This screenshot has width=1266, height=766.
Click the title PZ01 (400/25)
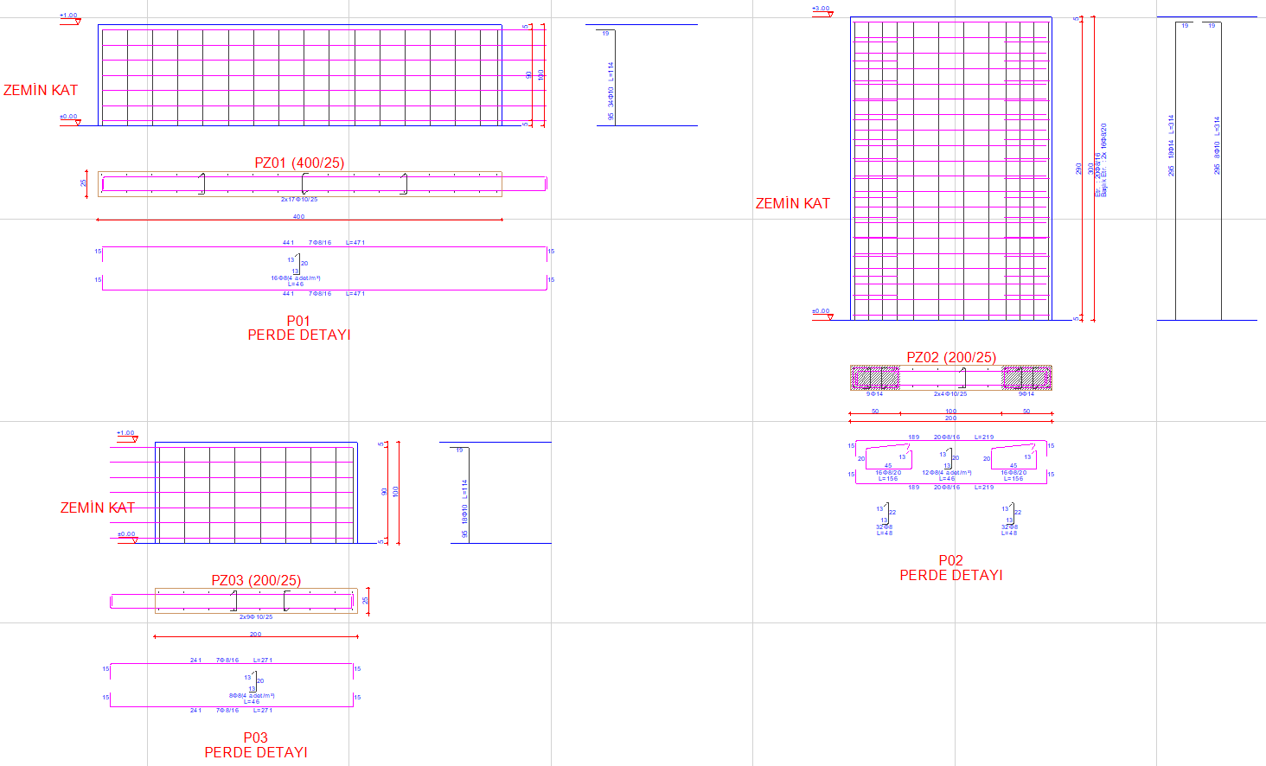tap(299, 163)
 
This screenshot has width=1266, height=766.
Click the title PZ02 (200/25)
tap(951, 357)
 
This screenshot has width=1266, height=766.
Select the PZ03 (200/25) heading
tap(256, 580)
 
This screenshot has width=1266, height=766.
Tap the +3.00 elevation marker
tap(821, 10)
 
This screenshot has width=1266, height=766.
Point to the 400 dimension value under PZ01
tap(298, 217)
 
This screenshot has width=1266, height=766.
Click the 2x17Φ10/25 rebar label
tap(299, 200)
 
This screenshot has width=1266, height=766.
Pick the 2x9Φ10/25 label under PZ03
tap(256, 617)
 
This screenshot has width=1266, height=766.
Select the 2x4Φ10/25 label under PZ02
tap(950, 394)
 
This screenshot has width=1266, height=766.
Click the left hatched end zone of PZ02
tap(875, 378)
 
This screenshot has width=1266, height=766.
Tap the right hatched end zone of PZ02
tap(1026, 378)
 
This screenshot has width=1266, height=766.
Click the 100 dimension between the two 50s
tap(950, 412)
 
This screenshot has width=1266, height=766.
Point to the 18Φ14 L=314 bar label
tap(1172, 145)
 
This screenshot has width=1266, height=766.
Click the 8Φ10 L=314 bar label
tap(1217, 145)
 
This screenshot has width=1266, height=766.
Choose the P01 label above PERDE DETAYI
tap(298, 321)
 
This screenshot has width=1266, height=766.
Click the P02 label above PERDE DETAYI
tap(950, 560)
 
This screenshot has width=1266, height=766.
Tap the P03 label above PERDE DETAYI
tap(255, 737)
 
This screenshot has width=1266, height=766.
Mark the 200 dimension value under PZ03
tap(255, 635)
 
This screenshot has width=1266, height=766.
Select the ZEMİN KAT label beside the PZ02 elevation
tap(792, 203)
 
